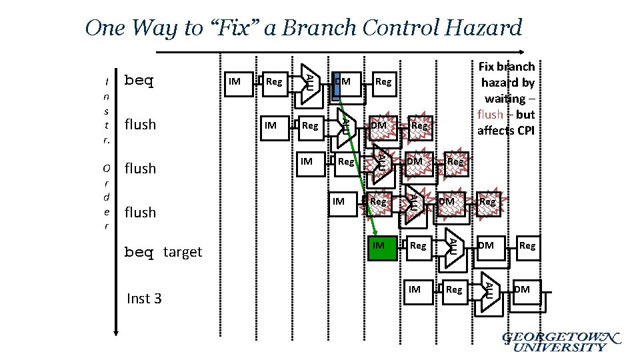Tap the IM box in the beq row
(235, 82)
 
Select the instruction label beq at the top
(139, 81)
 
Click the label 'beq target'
(163, 252)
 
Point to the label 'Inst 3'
(143, 298)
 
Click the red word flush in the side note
(490, 114)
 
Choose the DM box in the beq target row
(487, 247)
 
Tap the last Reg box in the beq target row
(527, 247)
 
